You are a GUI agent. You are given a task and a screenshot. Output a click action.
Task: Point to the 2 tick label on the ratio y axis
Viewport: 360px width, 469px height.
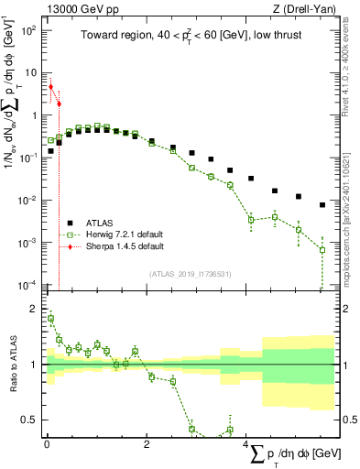[x=34, y=309]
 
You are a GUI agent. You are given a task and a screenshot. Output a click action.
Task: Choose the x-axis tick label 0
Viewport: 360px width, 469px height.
[x=47, y=444]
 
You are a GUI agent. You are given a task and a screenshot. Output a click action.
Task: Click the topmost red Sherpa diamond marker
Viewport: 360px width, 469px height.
[x=50, y=87]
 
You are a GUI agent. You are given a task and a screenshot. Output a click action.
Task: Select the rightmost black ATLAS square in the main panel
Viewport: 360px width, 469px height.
[x=322, y=205]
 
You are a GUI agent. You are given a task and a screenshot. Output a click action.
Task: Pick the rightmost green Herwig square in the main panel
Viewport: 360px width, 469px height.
[x=322, y=249]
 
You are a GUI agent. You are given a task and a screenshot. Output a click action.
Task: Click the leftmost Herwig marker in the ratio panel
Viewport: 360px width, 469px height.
[x=50, y=319]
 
